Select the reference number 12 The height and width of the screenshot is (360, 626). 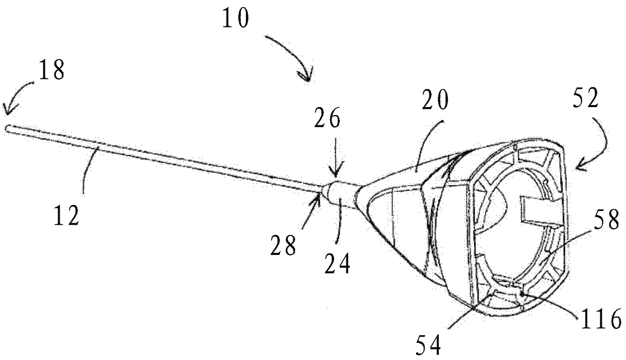pos(67,215)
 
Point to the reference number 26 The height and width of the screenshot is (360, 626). pos(327,118)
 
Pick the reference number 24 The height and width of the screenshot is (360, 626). pos(337,264)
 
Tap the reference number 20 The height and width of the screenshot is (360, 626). pos(435,99)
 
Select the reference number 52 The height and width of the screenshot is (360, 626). pos(586,97)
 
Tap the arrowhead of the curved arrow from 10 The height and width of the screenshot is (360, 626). pos(306,76)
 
